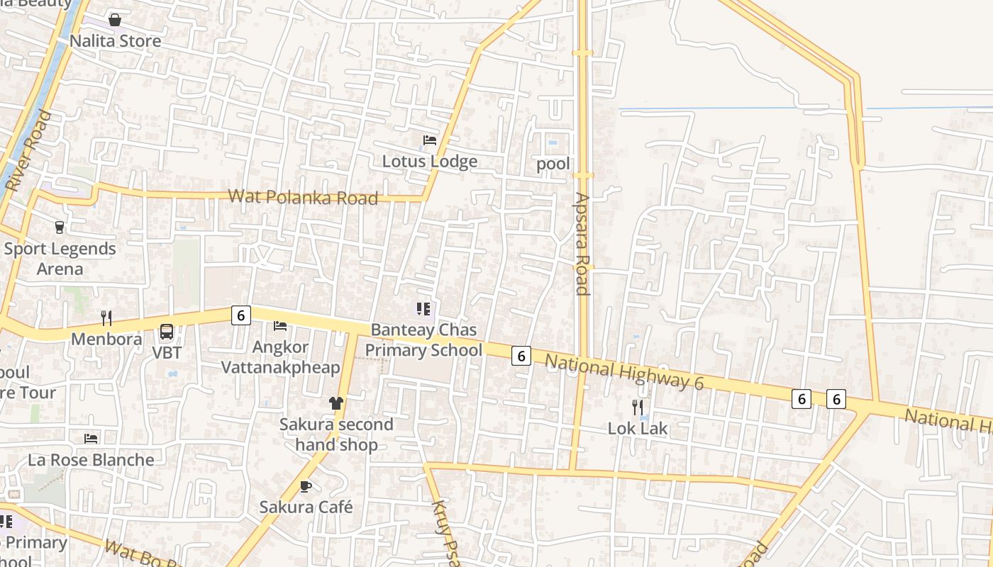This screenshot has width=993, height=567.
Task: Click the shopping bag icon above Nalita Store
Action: click(x=115, y=19)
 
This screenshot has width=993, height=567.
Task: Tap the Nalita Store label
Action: click(x=115, y=41)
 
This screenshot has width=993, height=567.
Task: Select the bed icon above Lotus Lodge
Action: click(x=430, y=140)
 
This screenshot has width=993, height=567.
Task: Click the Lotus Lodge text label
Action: click(x=430, y=162)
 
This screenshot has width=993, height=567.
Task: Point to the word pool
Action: click(x=553, y=164)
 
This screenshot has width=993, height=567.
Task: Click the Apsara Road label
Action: click(x=582, y=244)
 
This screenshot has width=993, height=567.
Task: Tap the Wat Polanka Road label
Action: click(x=303, y=197)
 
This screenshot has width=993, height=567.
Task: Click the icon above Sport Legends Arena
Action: click(x=60, y=228)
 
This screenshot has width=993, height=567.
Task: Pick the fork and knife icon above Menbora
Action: click(x=106, y=318)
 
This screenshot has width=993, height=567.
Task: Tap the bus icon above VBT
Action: click(x=167, y=332)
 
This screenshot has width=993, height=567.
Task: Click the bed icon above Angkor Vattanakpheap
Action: click(x=280, y=326)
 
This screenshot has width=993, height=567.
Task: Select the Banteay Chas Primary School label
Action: click(x=423, y=340)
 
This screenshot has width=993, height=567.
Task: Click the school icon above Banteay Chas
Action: click(x=423, y=308)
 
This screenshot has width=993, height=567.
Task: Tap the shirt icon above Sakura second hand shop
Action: click(x=335, y=403)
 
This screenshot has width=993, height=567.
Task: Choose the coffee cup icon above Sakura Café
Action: click(x=306, y=486)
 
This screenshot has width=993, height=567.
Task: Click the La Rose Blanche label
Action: click(x=91, y=460)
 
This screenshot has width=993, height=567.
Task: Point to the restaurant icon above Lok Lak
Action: click(x=638, y=407)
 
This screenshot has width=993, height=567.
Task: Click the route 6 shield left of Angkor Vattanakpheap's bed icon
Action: click(x=241, y=315)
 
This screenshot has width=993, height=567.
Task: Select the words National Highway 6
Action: click(x=624, y=373)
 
